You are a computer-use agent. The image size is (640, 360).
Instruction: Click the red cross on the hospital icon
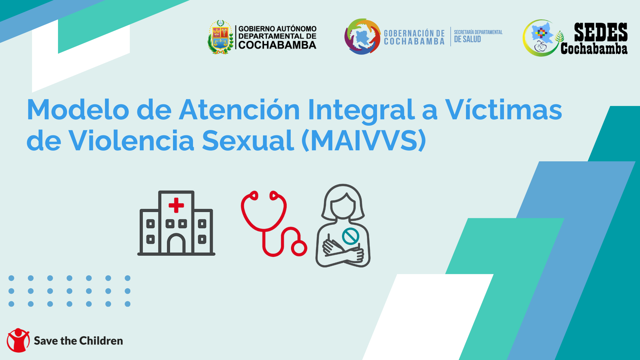pyautogui.click(x=176, y=205)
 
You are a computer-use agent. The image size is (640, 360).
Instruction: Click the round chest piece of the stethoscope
pyautogui.click(x=299, y=248)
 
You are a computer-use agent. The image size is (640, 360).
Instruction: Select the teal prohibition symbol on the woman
pyautogui.click(x=350, y=236)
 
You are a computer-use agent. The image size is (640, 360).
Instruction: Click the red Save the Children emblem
pyautogui.click(x=18, y=340)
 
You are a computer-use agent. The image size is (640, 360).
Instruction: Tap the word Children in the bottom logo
pyautogui.click(x=101, y=341)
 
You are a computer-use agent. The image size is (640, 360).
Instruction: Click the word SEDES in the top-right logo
pyautogui.click(x=601, y=32)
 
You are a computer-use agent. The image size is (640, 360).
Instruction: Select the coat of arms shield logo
pyautogui.click(x=220, y=37)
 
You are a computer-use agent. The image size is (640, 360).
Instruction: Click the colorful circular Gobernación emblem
pyautogui.click(x=362, y=37)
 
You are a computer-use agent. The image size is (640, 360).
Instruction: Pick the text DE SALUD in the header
pyautogui.click(x=467, y=39)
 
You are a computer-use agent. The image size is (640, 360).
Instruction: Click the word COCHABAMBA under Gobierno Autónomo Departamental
pyautogui.click(x=277, y=45)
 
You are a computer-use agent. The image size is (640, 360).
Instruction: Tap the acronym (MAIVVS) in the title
pyautogui.click(x=364, y=140)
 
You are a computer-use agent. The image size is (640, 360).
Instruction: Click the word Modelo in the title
pyautogui.click(x=78, y=110)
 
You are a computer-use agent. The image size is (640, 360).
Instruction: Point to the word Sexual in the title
pyautogui.click(x=248, y=140)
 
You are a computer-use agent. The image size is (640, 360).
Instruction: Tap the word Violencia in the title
pyautogui.click(x=131, y=140)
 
